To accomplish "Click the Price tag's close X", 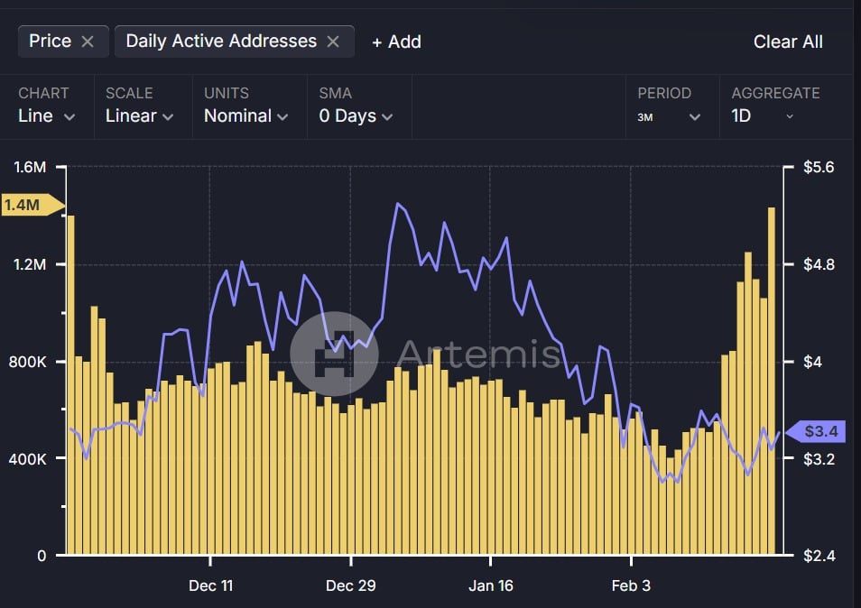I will point(88,41).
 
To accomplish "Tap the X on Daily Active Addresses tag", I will point(333,41).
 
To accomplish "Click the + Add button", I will point(396,41).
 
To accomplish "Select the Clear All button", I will point(788,41).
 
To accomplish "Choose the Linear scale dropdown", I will point(140,115).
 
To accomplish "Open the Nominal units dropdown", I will point(245,115).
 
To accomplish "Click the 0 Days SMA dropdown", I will point(356,115).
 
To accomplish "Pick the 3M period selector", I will point(669,116).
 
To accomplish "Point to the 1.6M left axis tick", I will point(30,167).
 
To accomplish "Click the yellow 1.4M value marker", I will point(25,205).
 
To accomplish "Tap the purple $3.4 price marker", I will point(818,432).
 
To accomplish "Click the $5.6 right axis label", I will point(819,167).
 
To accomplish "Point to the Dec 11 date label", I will point(210,585).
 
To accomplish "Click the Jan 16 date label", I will point(490,585).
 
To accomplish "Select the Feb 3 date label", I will point(630,585).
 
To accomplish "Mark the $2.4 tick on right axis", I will point(819,556).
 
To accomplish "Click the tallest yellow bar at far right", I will point(772,379).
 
